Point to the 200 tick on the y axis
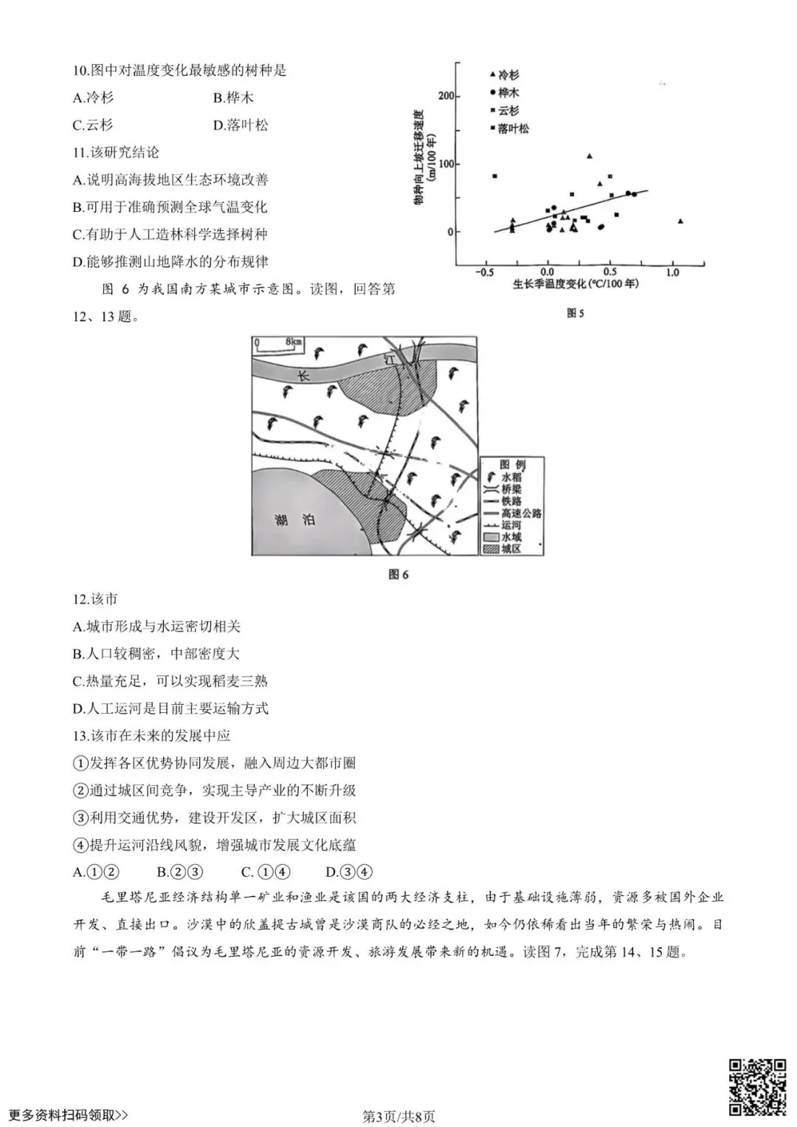446,96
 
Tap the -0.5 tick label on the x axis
484,272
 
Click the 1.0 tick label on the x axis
672,272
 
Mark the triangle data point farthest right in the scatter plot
680,221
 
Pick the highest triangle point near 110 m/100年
589,156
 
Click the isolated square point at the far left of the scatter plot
494,176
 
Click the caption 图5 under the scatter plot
575,313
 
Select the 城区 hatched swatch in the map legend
491,548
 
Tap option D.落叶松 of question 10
241,125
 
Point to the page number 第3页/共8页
398,1116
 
